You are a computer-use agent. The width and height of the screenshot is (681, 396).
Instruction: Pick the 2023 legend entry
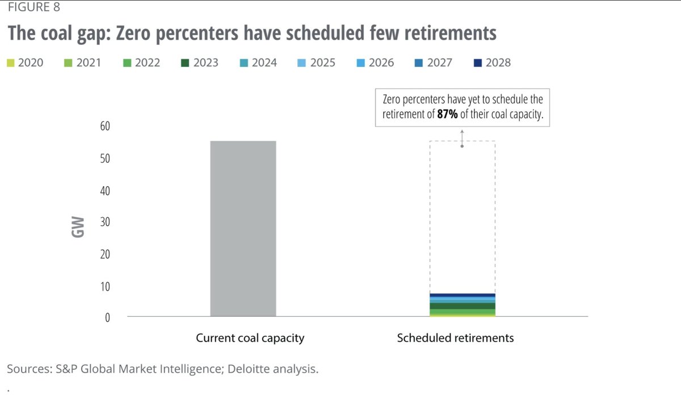click(x=200, y=62)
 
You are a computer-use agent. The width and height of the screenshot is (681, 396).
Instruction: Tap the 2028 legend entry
click(x=492, y=62)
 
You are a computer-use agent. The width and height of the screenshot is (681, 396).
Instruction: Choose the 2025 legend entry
click(x=317, y=62)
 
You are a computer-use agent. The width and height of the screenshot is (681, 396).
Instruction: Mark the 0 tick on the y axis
click(x=106, y=318)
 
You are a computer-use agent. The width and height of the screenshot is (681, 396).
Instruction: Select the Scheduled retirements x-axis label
click(x=455, y=338)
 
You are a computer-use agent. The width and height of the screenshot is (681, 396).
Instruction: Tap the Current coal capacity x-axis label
click(x=250, y=338)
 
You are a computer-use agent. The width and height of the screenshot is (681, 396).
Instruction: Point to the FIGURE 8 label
click(x=33, y=8)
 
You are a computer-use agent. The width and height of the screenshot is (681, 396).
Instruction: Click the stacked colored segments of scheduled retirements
click(x=463, y=305)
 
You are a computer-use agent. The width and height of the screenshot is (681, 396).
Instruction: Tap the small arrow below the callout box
click(x=462, y=138)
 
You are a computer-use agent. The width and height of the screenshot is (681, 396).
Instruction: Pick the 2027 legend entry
click(x=434, y=62)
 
